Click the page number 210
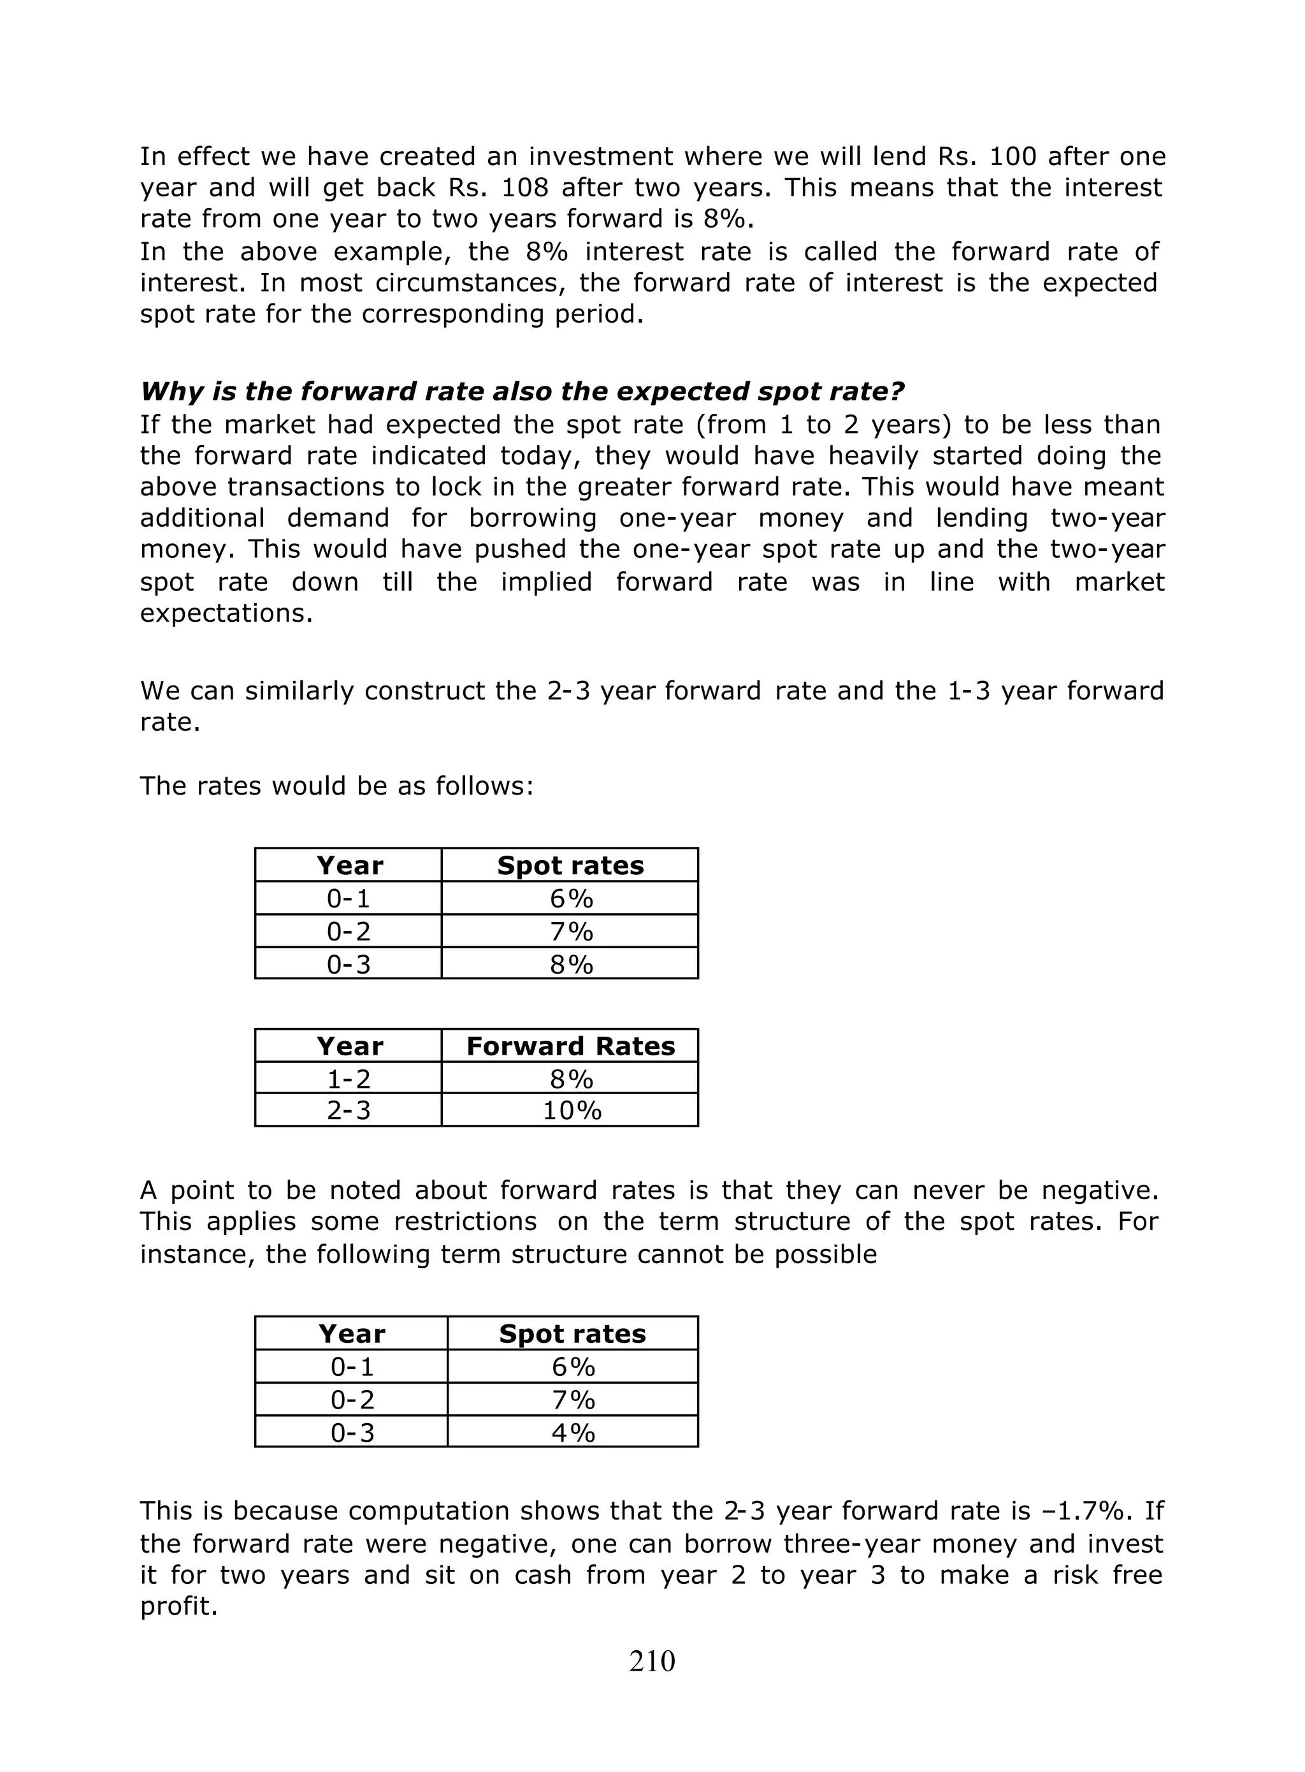[652, 1662]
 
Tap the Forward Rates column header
[570, 1046]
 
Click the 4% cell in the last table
[573, 1432]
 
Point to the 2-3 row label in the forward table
[349, 1111]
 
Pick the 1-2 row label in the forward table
[349, 1079]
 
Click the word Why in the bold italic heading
[171, 392]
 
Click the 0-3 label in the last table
[352, 1432]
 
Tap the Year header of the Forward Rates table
[349, 1046]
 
